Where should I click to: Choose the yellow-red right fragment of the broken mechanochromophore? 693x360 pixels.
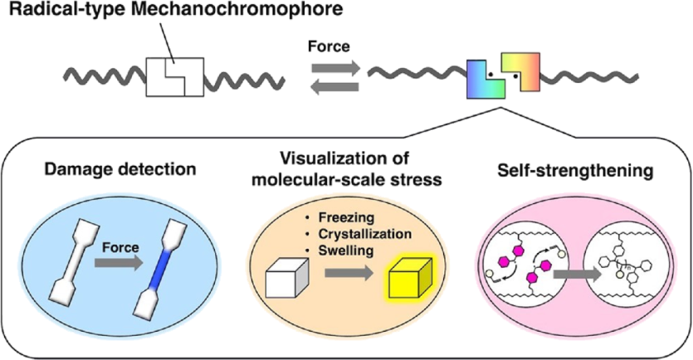coord(522,72)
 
